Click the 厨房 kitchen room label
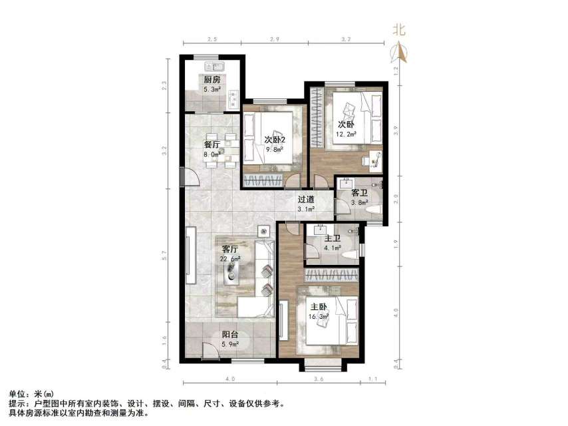coord(212,79)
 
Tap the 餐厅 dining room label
coord(212,144)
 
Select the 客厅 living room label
coord(231,249)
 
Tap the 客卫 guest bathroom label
coord(359,192)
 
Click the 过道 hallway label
coord(306,199)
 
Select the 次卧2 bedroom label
coord(275,140)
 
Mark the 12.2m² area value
coord(346,134)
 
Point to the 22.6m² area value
coord(231,258)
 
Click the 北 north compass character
coord(399,29)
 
